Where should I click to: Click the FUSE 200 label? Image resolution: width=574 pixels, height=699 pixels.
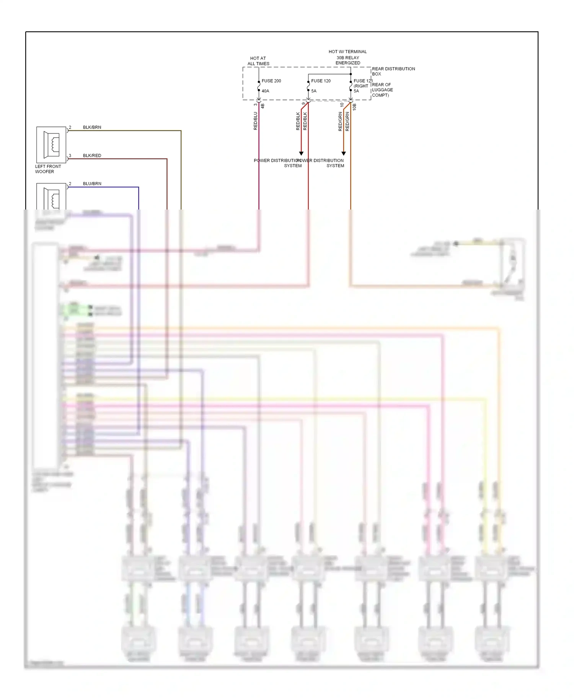tap(271, 81)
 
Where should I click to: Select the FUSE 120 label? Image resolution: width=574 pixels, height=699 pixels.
tap(321, 81)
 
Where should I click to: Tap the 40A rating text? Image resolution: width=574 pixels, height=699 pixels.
tap(265, 91)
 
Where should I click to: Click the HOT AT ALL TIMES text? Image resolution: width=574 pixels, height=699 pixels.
tap(258, 61)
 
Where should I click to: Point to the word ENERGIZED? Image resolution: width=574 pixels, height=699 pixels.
tap(347, 63)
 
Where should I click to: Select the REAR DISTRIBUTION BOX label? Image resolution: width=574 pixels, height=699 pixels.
tap(393, 71)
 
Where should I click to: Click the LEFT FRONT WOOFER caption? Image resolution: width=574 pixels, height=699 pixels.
tap(47, 169)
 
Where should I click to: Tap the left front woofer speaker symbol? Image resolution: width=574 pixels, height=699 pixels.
tap(51, 145)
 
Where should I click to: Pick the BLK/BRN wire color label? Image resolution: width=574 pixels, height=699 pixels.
tap(92, 127)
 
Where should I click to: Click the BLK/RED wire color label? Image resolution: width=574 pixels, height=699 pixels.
tap(92, 156)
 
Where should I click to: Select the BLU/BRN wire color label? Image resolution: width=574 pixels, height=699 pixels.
tap(92, 184)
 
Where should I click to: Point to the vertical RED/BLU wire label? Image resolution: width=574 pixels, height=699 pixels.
tap(256, 121)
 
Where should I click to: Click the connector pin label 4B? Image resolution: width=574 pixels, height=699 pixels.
tap(263, 106)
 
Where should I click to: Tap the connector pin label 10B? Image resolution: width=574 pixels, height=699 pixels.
tap(354, 107)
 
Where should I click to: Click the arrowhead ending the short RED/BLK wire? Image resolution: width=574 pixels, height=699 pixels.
tap(301, 154)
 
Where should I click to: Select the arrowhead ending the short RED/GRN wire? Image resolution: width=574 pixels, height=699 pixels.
tap(344, 154)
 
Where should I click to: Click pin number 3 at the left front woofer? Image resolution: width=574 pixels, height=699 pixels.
tap(70, 156)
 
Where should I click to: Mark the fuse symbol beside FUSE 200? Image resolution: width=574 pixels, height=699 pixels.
tap(259, 86)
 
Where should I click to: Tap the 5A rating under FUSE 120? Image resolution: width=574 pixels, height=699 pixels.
tap(314, 91)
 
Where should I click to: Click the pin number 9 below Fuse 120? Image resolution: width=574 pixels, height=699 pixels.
tap(304, 104)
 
